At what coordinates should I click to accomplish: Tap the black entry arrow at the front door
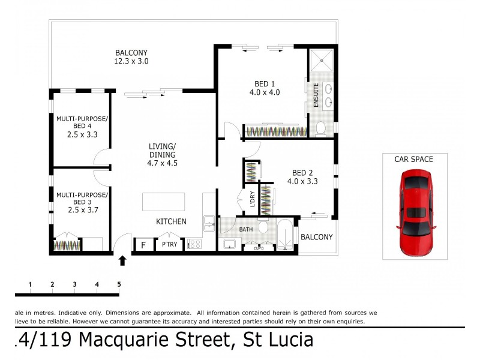(x=122, y=260)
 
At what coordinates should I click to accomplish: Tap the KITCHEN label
(x=171, y=221)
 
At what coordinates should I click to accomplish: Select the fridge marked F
(x=143, y=245)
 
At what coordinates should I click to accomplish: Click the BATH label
(x=246, y=229)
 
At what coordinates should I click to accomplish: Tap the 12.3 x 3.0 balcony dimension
(x=131, y=61)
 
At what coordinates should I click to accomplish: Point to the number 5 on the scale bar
(x=119, y=284)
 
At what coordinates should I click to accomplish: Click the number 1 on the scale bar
(x=30, y=284)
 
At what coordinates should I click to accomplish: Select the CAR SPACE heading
(x=413, y=159)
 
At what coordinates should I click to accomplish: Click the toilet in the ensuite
(x=321, y=128)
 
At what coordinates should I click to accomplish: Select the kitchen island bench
(x=169, y=202)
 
